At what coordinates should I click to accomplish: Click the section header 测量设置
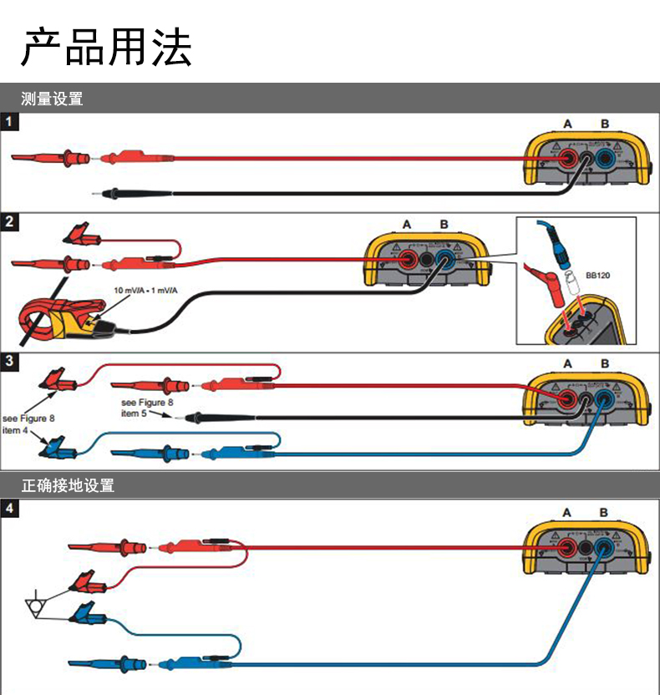point(52,99)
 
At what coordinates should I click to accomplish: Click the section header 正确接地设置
point(67,485)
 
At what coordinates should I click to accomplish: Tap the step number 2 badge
point(9,222)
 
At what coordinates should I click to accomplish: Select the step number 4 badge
point(9,508)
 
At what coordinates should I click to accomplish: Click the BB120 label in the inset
point(597,274)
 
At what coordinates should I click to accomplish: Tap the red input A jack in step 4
point(568,548)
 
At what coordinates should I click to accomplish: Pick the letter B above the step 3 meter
point(604,364)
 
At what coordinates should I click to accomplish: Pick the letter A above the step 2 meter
point(407,225)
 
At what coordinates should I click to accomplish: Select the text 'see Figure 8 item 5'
point(147,408)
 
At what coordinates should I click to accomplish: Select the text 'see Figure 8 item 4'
point(28,424)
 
